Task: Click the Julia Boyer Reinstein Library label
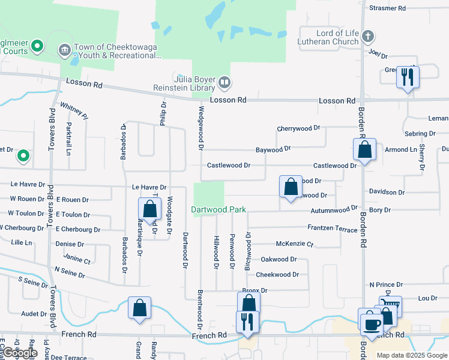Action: (194, 83)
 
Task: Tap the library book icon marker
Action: (224, 81)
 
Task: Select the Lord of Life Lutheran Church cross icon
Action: (368, 37)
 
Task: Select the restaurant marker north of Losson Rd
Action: (408, 76)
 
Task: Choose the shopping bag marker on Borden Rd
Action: (364, 149)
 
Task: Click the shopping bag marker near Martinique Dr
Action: (149, 209)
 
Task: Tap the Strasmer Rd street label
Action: (388, 8)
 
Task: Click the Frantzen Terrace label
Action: (332, 229)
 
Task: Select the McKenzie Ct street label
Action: (294, 244)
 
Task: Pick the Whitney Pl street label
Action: (74, 111)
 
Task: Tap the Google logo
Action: (20, 352)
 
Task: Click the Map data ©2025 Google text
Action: (412, 355)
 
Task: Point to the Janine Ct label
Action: (76, 261)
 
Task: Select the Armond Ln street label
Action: (400, 149)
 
